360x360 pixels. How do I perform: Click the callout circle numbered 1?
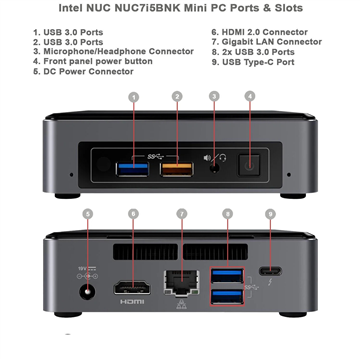click(x=132, y=97)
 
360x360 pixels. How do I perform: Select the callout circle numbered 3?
click(x=214, y=97)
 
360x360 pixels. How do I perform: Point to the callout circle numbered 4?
click(x=252, y=97)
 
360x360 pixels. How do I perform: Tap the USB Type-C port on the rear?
click(x=270, y=272)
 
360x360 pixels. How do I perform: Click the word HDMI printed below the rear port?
click(x=132, y=301)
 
